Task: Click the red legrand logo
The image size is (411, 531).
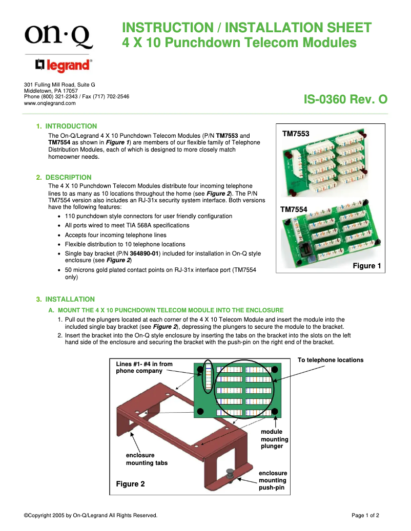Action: [x=64, y=66]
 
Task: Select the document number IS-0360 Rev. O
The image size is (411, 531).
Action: [x=345, y=99]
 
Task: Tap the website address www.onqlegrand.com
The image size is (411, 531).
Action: [x=50, y=103]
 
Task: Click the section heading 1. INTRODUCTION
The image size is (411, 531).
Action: [x=66, y=126]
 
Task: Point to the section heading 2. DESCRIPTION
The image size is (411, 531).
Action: [x=64, y=177]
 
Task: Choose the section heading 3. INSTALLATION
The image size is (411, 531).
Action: [x=65, y=299]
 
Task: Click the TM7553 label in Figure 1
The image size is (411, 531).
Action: [x=296, y=134]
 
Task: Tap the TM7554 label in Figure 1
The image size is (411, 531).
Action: [x=294, y=209]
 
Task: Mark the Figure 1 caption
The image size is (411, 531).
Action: [x=367, y=266]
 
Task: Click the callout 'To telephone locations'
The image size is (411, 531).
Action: [x=330, y=360]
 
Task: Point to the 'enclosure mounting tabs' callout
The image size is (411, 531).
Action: [x=147, y=459]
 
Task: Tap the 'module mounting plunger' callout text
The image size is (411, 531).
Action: [x=275, y=439]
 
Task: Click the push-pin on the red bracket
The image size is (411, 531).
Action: [x=230, y=473]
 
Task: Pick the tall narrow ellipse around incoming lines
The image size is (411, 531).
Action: [x=208, y=376]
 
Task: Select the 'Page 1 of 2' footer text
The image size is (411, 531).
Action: [x=365, y=516]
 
